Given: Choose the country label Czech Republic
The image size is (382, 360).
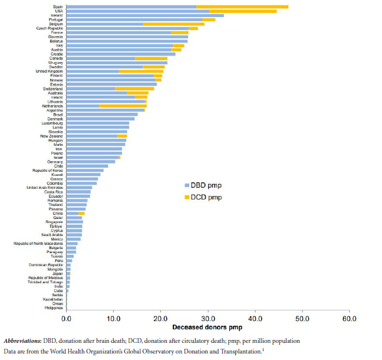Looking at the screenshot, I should [50, 28].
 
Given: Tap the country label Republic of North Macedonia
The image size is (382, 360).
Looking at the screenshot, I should [38, 243].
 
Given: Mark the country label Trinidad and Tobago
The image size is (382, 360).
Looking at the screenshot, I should [45, 282].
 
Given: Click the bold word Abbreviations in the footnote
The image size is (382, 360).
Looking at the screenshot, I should [24, 341].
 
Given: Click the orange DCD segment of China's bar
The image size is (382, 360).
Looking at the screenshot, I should [82, 213].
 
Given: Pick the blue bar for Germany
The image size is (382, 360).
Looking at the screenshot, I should [91, 162].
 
